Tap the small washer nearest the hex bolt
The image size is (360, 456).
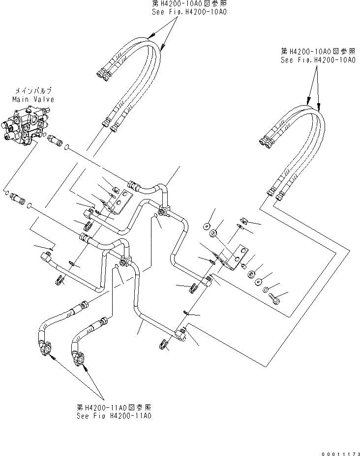click(267, 289)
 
